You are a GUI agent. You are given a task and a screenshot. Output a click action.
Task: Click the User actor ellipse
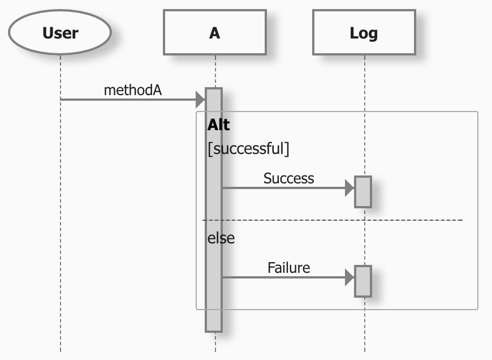pos(60,32)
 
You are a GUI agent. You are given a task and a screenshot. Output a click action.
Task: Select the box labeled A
pos(214,32)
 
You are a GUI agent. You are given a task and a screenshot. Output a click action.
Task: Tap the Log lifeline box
pos(364,32)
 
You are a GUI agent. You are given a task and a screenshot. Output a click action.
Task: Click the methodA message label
pos(133,89)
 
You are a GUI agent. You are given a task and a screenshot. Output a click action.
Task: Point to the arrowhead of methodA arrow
pos(200,100)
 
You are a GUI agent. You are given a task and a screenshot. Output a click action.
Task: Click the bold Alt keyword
pos(219,125)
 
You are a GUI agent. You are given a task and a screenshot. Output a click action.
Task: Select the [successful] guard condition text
pos(248,149)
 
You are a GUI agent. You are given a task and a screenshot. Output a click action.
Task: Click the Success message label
pos(288,178)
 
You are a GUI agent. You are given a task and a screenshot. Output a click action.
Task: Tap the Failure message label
pos(288,267)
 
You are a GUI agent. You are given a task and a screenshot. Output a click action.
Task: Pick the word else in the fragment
pos(221,238)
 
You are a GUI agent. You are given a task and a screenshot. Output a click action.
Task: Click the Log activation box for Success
pos(363,191)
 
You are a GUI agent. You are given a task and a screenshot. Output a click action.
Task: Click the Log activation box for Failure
pos(363,281)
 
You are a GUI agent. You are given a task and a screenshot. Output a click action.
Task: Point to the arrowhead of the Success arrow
pos(349,188)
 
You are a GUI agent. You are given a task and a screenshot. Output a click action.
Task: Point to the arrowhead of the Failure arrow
pos(349,277)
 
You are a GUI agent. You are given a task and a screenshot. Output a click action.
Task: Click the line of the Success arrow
pos(283,188)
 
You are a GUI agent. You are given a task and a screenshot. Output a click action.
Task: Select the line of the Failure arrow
pos(283,277)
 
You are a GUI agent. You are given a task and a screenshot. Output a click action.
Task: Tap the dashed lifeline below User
pos(61,226)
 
